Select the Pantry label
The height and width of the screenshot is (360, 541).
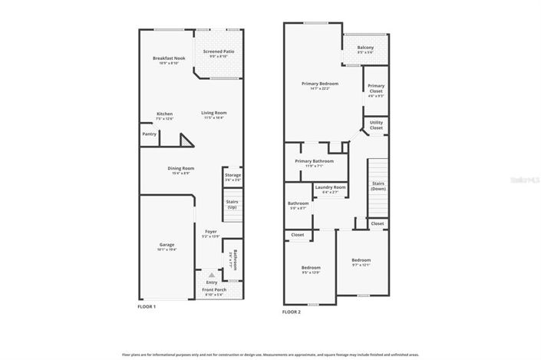point(149,134)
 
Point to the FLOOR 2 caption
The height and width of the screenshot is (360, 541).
point(292,312)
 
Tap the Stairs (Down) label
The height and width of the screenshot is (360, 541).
point(378,186)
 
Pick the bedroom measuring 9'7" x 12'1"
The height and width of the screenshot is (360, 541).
point(361,262)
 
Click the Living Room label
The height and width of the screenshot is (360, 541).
point(214,115)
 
